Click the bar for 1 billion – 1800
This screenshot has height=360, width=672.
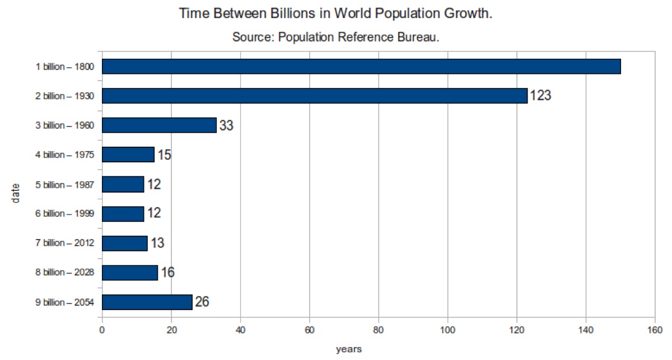361,66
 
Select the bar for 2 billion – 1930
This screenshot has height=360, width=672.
315,96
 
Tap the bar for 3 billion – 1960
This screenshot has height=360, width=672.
159,125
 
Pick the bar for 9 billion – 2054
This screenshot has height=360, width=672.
147,302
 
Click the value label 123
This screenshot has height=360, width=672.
540,95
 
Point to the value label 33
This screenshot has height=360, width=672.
226,125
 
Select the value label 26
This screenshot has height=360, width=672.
202,302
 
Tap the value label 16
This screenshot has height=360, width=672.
167,272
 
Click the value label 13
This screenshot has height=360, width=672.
157,242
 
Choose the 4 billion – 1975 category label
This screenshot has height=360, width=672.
65,155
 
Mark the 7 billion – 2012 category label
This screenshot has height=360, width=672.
65,242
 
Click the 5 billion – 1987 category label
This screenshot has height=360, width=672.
65,185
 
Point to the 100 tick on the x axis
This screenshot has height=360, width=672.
447,330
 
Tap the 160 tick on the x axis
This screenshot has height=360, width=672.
655,330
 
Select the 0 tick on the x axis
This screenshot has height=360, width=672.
102,330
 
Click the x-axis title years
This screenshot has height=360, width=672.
348,349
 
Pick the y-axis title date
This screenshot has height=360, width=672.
15,194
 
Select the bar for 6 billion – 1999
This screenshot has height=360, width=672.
123,214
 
